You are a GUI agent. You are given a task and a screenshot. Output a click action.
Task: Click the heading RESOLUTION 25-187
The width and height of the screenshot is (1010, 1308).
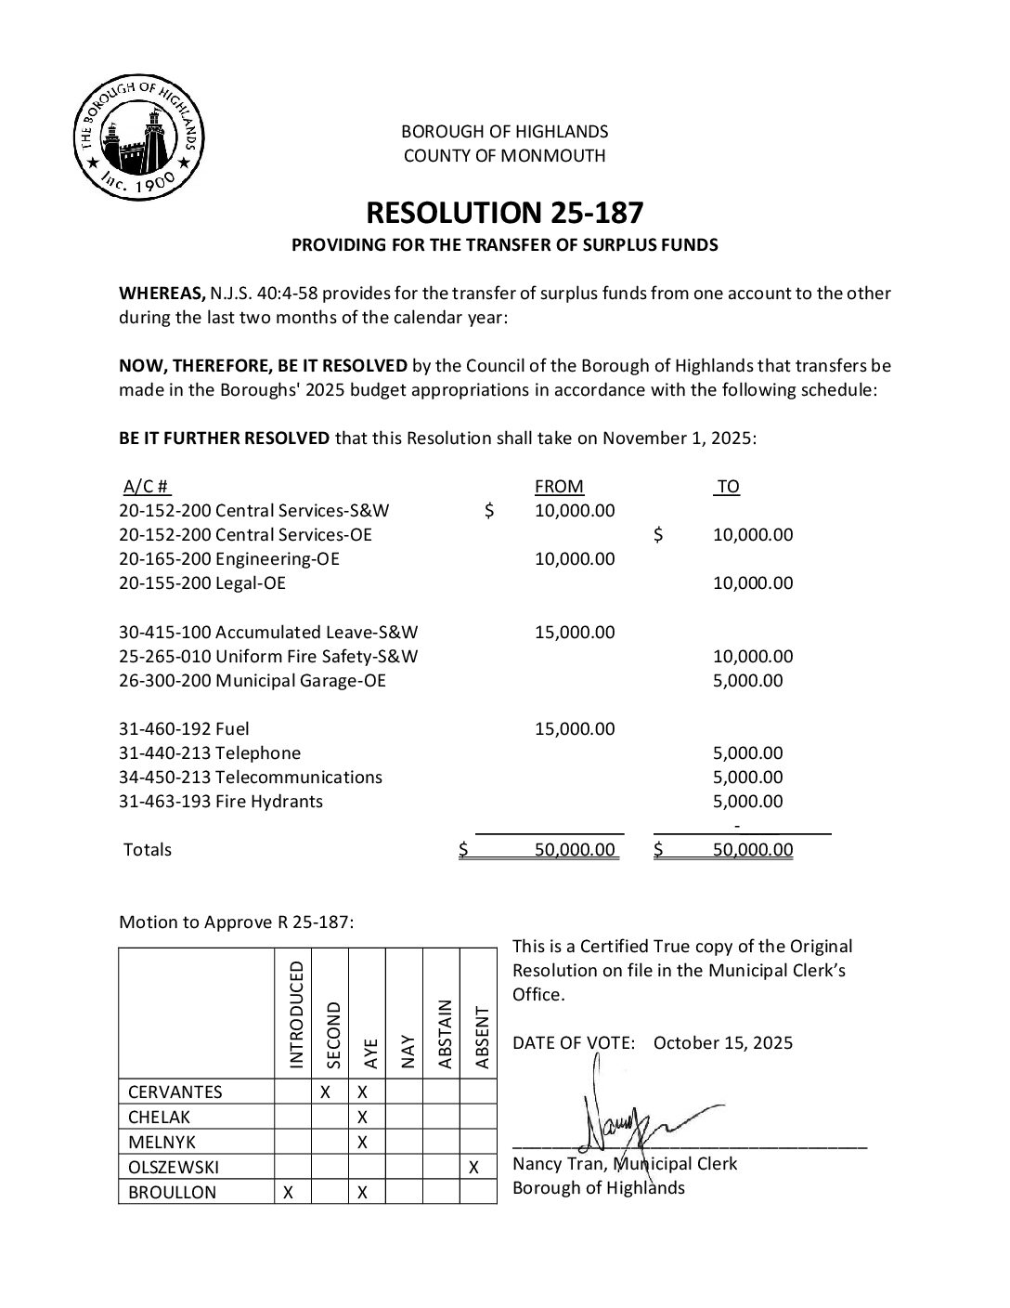coord(504,213)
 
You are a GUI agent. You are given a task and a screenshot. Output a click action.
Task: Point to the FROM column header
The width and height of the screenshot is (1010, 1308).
coord(559,486)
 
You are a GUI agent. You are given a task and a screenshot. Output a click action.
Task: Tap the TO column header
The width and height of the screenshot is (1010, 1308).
coord(728,486)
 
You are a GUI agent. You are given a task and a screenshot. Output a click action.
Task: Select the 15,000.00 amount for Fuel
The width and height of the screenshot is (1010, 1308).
coord(575,728)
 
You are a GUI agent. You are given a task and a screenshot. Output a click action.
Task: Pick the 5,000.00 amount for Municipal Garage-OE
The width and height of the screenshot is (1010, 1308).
coord(747,680)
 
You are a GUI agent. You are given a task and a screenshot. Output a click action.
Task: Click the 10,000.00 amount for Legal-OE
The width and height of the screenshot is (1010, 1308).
coord(753,582)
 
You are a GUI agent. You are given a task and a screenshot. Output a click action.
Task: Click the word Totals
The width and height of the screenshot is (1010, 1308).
coord(148,849)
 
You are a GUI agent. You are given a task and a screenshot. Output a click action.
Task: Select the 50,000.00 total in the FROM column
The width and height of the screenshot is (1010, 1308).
coord(575,849)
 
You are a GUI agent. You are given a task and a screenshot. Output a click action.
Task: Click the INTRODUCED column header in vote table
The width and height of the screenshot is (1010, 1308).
coord(294,1014)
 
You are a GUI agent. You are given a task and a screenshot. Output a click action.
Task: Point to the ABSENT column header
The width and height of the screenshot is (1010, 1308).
coord(480,1037)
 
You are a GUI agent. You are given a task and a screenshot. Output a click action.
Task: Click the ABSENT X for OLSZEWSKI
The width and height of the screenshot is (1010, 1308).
coord(474,1167)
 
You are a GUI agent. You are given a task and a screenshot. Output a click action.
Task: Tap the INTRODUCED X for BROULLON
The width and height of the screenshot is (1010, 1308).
coord(289,1192)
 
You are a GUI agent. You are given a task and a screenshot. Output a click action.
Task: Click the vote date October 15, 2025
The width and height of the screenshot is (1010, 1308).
coord(723,1042)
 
